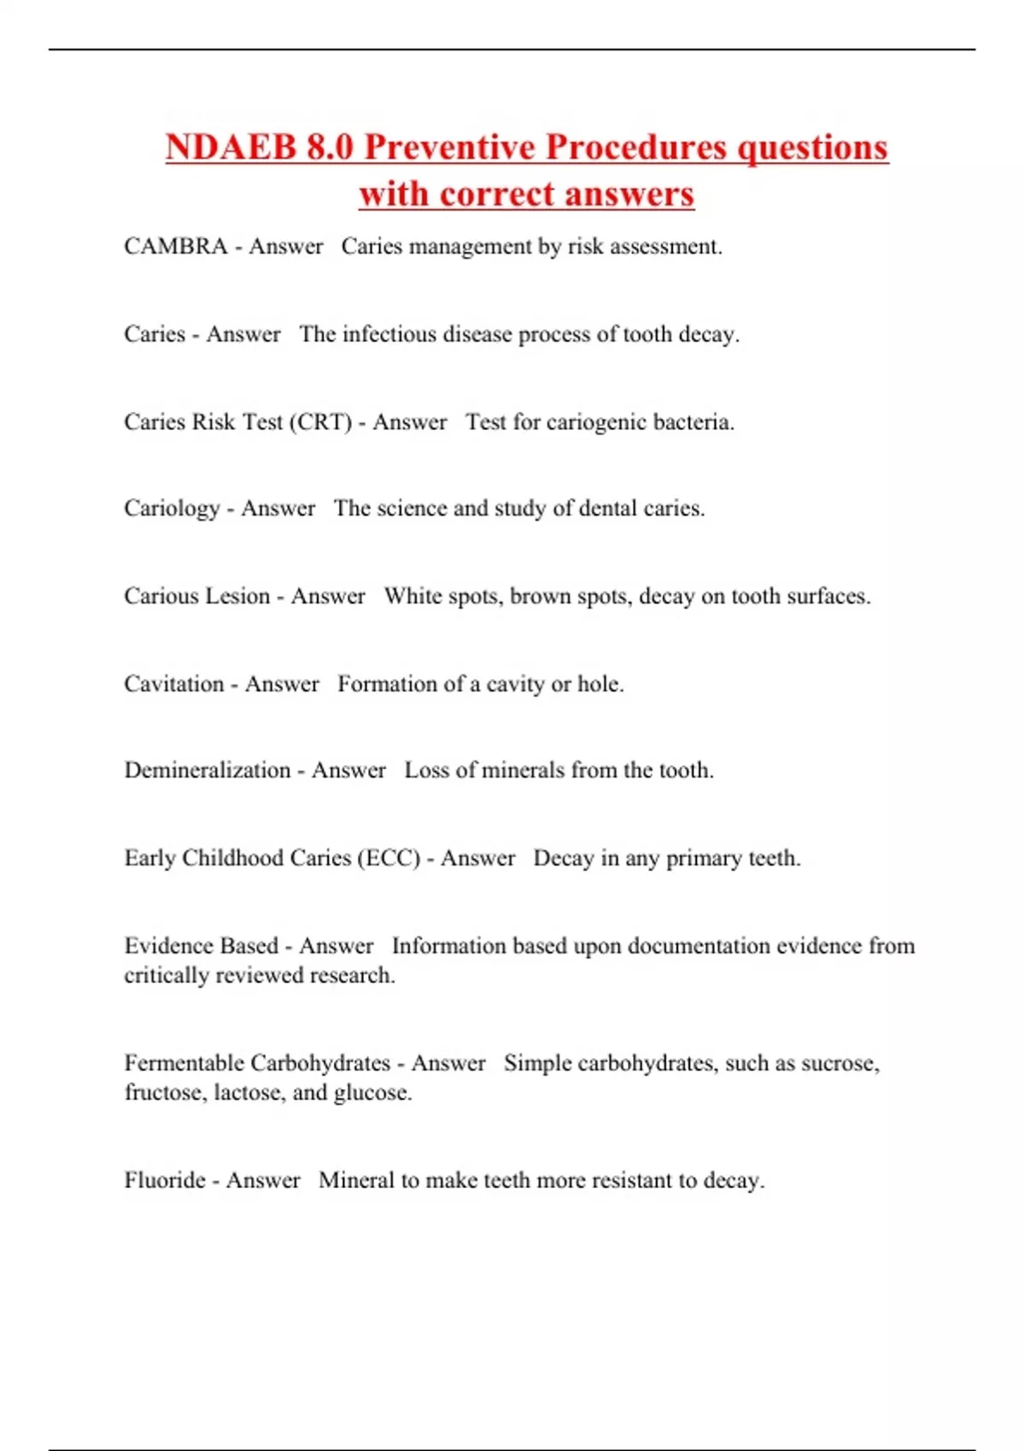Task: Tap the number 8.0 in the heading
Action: (329, 147)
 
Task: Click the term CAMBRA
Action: (175, 247)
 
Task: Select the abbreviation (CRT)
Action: (320, 422)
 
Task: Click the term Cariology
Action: (172, 509)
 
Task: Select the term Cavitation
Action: (173, 684)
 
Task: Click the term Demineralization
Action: (208, 770)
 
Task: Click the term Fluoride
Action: (165, 1180)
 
